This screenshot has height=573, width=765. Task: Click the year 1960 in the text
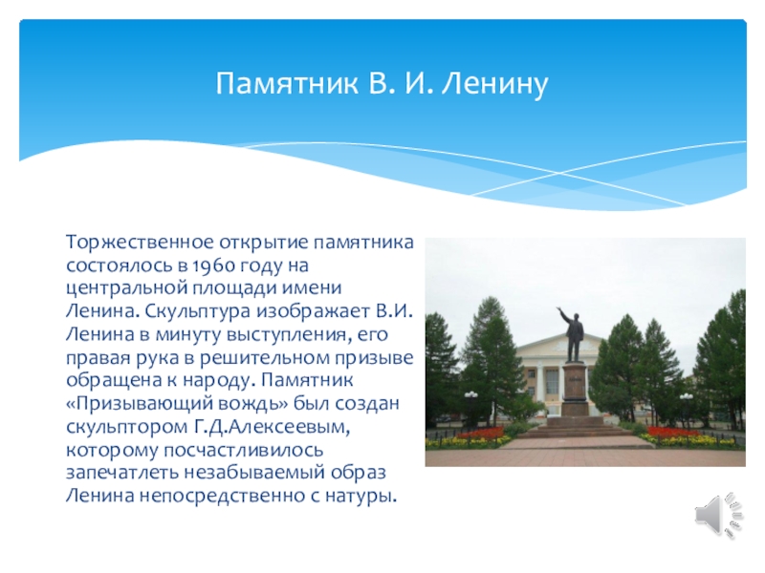pos(210,265)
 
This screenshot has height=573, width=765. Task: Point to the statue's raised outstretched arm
pos(563,314)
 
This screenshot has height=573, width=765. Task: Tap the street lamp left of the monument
pos(470,401)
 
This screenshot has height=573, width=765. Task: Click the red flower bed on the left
pos(481,435)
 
